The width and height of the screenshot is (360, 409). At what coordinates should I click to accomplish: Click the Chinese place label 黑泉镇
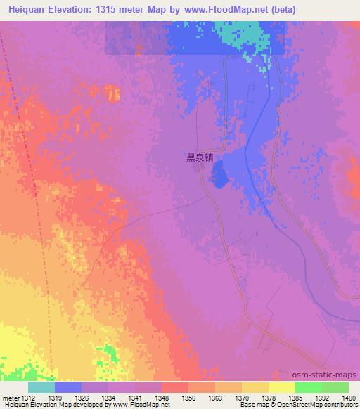tap(200, 158)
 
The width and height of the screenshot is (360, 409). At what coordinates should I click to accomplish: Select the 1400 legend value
tap(348, 398)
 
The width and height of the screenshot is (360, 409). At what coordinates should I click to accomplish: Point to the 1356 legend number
tap(188, 398)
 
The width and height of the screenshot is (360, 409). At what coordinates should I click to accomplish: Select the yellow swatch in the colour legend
tap(281, 387)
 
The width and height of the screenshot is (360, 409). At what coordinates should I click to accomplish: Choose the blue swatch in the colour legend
tap(67, 387)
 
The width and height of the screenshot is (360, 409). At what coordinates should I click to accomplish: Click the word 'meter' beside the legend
tap(10, 398)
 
